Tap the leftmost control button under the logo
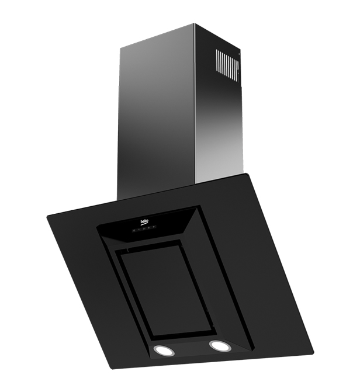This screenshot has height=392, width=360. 134,230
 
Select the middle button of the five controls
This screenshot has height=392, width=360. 144,229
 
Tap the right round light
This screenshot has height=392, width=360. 221,345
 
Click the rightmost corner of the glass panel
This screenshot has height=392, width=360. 313,351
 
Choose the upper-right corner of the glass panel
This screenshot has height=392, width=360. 248,174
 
